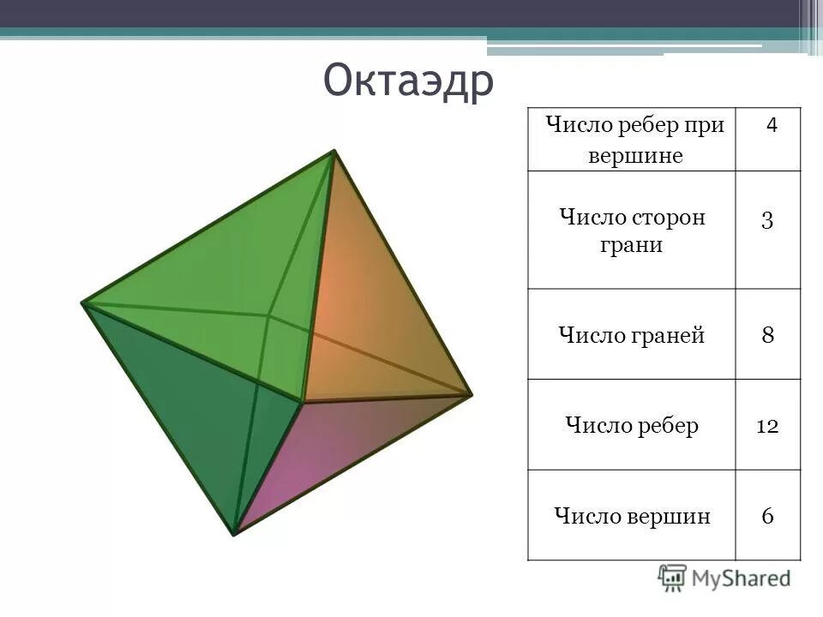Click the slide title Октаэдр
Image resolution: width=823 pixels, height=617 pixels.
pyautogui.click(x=409, y=82)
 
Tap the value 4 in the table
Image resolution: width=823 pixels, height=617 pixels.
pyautogui.click(x=772, y=125)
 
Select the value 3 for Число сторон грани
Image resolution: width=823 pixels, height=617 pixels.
pyautogui.click(x=767, y=219)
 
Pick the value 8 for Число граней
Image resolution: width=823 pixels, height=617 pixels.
pyautogui.click(x=767, y=334)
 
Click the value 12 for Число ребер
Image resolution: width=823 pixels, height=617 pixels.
pyautogui.click(x=766, y=426)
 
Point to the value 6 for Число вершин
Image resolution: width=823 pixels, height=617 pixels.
pyautogui.click(x=767, y=516)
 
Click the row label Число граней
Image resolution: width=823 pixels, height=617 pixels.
pyautogui.click(x=631, y=335)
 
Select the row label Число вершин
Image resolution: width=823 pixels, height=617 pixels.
pyautogui.click(x=632, y=516)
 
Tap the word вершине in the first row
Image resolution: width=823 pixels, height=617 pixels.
pyautogui.click(x=635, y=157)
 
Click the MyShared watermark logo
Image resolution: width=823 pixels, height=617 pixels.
pyautogui.click(x=724, y=577)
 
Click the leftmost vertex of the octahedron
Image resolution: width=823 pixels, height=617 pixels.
pyautogui.click(x=83, y=303)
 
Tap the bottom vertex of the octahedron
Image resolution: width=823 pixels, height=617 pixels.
pyautogui.click(x=234, y=534)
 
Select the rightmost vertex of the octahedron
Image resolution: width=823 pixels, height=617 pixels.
pyautogui.click(x=471, y=394)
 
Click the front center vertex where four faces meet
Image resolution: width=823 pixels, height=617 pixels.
pyautogui.click(x=302, y=400)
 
